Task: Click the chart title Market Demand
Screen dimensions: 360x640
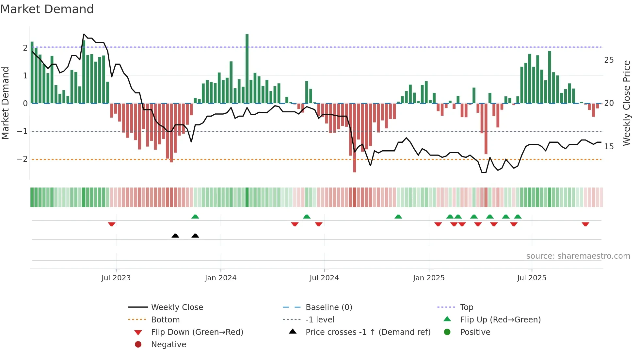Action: [x=47, y=9]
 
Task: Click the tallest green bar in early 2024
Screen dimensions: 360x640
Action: [x=247, y=69]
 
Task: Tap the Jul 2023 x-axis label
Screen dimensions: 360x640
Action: [x=116, y=278]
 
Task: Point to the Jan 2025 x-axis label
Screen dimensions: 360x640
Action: [x=428, y=278]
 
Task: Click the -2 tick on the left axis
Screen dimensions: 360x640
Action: [x=22, y=159]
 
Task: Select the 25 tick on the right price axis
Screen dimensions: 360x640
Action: [x=609, y=60]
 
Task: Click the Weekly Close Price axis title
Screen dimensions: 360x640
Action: [x=626, y=103]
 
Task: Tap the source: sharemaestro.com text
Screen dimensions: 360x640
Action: [x=578, y=256]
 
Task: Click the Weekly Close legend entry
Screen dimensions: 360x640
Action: [x=177, y=307]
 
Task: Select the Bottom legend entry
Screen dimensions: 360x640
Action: [x=165, y=319]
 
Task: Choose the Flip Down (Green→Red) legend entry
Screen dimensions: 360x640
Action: [x=197, y=332]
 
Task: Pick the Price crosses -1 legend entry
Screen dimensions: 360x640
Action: [x=368, y=332]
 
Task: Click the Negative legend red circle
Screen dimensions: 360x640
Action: [x=138, y=344]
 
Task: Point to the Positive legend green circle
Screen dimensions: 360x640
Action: [x=447, y=332]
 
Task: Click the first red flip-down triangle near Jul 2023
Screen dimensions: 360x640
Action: [x=112, y=224]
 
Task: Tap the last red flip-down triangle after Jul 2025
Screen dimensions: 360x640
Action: [x=585, y=224]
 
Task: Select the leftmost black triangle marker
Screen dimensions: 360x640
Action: [x=175, y=236]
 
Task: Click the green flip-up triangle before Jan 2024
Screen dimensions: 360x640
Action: [x=195, y=217]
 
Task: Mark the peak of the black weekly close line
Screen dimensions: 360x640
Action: [x=84, y=34]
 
